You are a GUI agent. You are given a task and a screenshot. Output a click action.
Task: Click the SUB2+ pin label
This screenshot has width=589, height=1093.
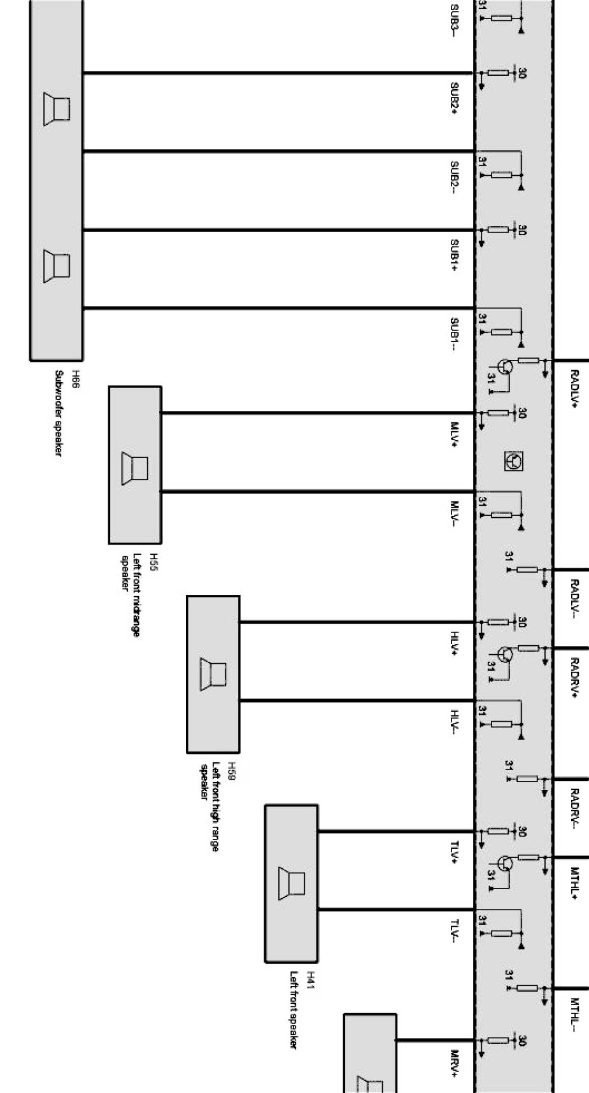pyautogui.click(x=455, y=98)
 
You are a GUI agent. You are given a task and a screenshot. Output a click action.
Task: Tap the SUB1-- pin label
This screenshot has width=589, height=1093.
pyautogui.click(x=455, y=334)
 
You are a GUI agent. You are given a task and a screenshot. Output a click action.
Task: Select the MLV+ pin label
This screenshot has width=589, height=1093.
pyautogui.click(x=455, y=435)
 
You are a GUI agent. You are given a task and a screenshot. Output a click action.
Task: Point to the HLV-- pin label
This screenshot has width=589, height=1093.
pyautogui.click(x=455, y=724)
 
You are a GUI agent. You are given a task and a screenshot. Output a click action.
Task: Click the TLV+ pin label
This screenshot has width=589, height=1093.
pyautogui.click(x=455, y=854)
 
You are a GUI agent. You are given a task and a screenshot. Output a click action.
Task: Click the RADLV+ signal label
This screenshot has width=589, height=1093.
pyautogui.click(x=574, y=388)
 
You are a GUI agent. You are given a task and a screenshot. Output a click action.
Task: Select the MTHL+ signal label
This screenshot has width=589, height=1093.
pyautogui.click(x=574, y=883)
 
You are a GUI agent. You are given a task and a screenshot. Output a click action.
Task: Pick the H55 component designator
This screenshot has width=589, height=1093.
pyautogui.click(x=153, y=561)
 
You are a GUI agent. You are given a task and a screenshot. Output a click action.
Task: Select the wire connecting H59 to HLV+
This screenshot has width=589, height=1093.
pyautogui.click(x=357, y=622)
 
